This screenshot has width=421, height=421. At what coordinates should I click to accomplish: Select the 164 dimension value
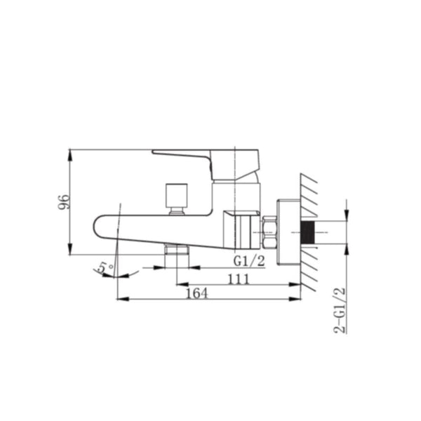point(197,293)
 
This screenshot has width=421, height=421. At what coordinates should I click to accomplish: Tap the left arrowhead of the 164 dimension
point(121,299)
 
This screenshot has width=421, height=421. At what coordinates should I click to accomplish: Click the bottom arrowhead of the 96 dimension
point(71,253)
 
